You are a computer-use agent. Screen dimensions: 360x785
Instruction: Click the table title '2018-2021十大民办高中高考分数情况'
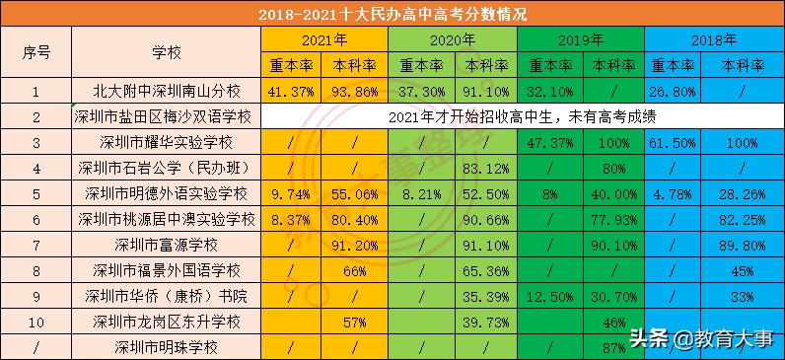(x=392, y=15)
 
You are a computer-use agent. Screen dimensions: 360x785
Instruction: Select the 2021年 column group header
(x=324, y=40)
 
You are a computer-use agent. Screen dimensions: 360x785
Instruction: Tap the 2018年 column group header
(x=714, y=40)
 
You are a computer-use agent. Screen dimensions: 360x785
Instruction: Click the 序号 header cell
(x=36, y=52)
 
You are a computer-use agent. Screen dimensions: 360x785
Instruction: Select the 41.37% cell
(x=292, y=91)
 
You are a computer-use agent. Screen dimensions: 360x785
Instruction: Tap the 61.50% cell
(x=676, y=142)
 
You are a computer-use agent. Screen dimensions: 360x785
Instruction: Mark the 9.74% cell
(x=292, y=193)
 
